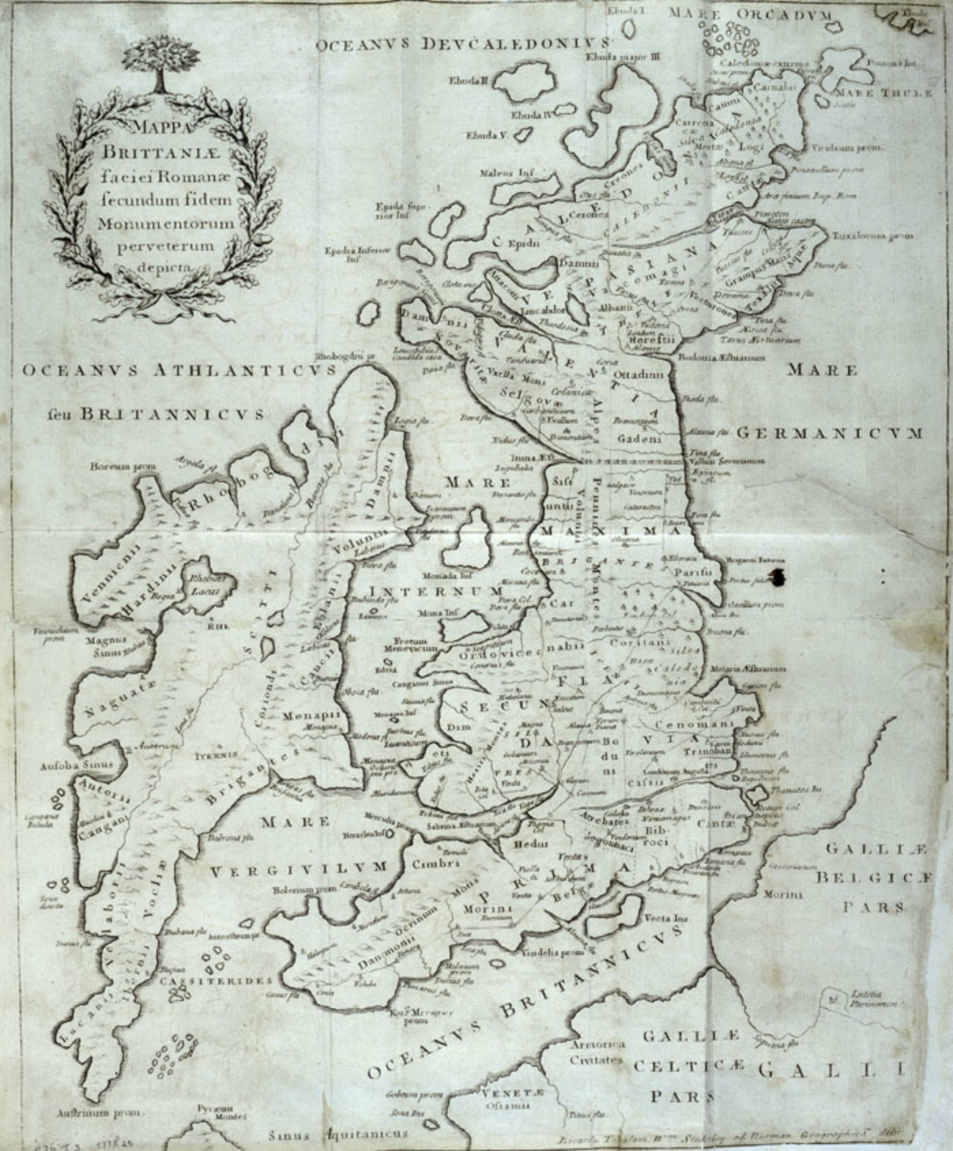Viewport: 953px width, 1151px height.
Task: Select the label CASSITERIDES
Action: (216, 981)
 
